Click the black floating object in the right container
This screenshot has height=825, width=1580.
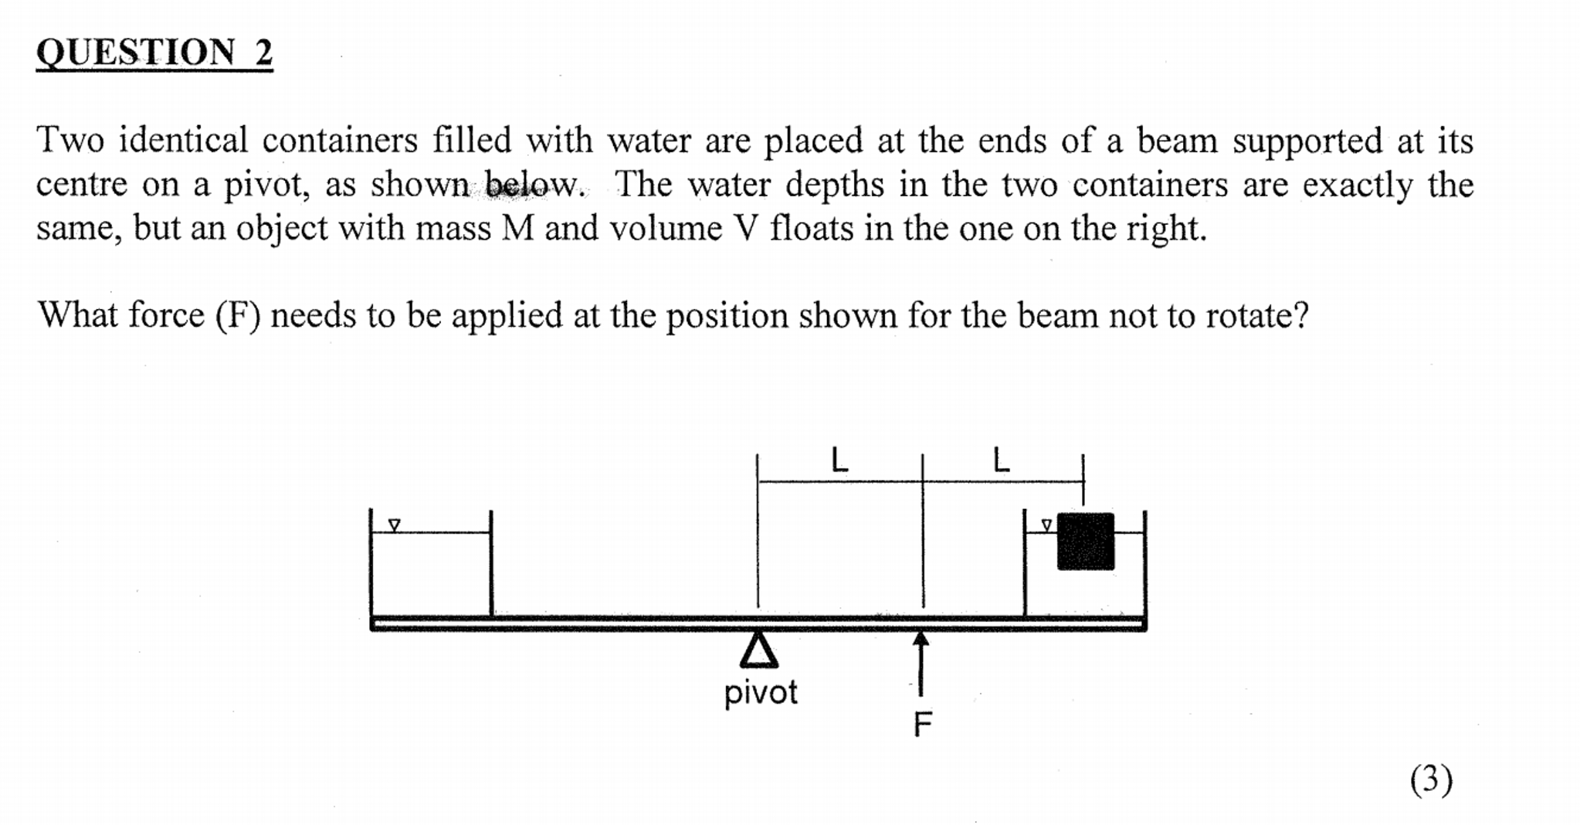(x=1085, y=542)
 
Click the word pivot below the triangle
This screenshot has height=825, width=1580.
(x=761, y=693)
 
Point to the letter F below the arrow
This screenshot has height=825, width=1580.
(x=923, y=724)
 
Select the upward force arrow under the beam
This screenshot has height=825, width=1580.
(x=921, y=664)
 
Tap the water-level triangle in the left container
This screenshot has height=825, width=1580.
(x=395, y=525)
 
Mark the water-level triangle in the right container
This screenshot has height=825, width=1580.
(x=1046, y=525)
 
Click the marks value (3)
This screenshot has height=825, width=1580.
(x=1431, y=779)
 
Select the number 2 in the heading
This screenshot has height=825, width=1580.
(x=263, y=53)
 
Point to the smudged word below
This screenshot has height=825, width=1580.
(x=533, y=185)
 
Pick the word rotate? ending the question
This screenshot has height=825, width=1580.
(x=1257, y=316)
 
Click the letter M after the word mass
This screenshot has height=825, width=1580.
(x=518, y=229)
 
